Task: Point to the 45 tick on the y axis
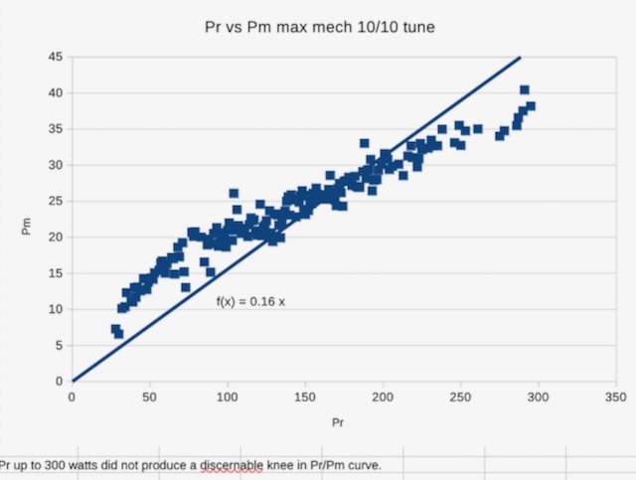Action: (59, 57)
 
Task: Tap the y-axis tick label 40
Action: (59, 93)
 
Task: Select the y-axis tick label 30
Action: (59, 165)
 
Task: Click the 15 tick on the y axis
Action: (59, 273)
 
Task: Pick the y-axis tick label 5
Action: (62, 345)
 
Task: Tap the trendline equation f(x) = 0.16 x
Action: (250, 300)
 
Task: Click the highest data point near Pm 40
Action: (525, 90)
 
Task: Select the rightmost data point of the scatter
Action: (531, 106)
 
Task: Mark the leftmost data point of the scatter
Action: (115, 329)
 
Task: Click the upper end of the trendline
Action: (520, 58)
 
